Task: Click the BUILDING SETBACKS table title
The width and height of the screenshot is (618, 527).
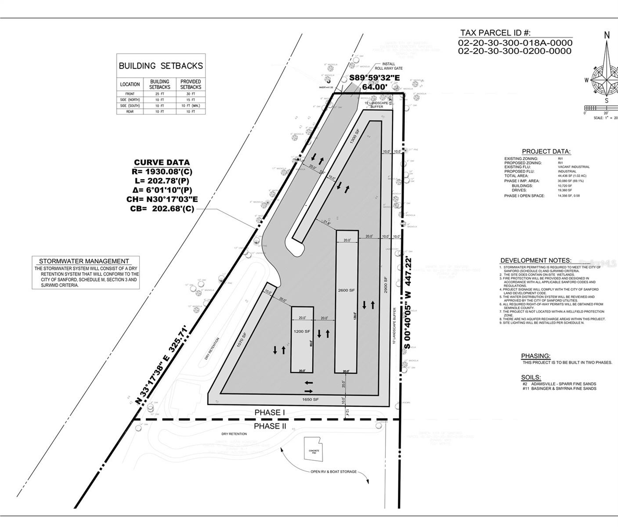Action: click(161, 66)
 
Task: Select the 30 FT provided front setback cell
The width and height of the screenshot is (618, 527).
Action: click(191, 94)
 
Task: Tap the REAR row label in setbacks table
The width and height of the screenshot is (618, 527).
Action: click(130, 112)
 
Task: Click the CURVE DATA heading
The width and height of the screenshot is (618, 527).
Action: click(162, 162)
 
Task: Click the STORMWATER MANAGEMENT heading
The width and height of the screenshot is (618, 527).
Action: click(84, 261)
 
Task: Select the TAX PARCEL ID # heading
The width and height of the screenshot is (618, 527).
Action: click(495, 33)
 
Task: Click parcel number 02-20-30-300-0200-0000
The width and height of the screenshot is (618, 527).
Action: click(515, 51)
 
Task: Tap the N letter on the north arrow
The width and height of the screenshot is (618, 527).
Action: click(607, 35)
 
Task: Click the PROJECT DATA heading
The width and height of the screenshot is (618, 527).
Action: click(546, 152)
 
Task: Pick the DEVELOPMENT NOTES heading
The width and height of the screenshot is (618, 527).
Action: click(536, 260)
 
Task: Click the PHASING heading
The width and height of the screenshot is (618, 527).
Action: click(535, 356)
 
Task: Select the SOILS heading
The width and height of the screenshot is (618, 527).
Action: click(531, 377)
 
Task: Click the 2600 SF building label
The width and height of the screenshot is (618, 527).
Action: click(346, 290)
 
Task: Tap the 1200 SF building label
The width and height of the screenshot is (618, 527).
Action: click(302, 331)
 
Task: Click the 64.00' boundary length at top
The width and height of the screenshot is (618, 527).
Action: click(374, 87)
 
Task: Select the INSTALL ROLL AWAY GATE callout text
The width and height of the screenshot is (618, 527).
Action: click(389, 66)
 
